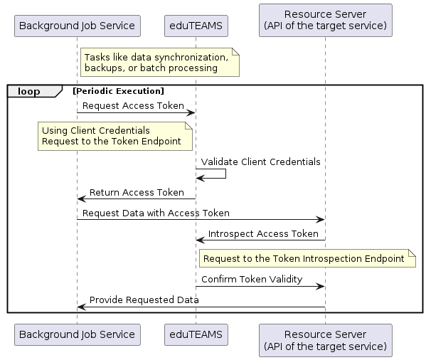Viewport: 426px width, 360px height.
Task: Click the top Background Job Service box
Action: pos(78,26)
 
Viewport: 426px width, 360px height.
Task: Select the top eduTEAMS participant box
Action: pos(196,26)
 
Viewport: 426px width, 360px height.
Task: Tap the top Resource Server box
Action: pos(326,20)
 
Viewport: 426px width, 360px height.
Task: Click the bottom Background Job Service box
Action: pos(78,334)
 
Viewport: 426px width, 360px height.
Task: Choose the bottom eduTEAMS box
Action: pos(196,334)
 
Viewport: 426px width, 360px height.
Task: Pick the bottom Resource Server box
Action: pos(326,340)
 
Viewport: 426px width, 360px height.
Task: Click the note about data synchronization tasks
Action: pos(160,62)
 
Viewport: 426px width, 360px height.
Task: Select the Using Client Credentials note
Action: pos(115,136)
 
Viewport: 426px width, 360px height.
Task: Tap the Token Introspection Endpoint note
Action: pos(307,258)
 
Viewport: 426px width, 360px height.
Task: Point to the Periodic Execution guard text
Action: pos(119,91)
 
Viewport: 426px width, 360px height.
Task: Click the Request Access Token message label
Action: pos(133,105)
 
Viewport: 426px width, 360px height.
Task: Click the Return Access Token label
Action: pos(137,192)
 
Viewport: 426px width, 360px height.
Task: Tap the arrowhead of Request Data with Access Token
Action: pos(321,220)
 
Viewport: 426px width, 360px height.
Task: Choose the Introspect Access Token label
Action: pos(263,233)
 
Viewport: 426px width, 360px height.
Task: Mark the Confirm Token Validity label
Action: pos(252,280)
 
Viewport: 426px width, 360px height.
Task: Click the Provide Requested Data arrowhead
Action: pos(82,307)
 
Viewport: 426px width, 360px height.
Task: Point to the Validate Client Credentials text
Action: pos(260,162)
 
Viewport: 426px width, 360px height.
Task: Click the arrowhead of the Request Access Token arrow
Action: pos(191,112)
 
